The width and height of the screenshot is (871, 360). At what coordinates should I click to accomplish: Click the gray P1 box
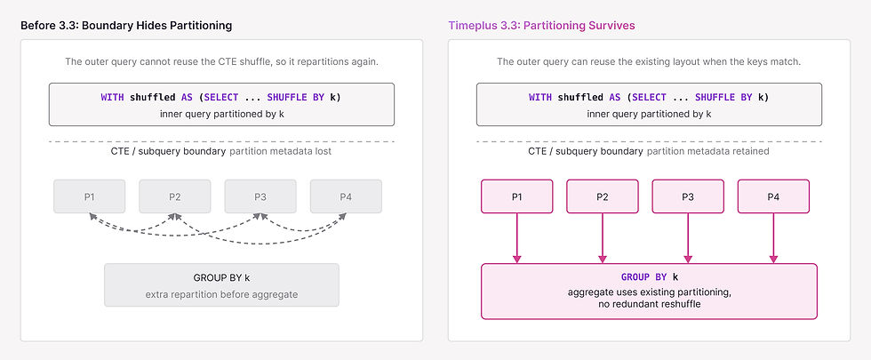tap(90, 196)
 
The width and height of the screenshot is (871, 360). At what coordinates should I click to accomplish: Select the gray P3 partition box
tap(260, 196)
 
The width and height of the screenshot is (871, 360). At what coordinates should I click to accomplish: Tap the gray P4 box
tap(346, 196)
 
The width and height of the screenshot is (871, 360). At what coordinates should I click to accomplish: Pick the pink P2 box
tap(603, 196)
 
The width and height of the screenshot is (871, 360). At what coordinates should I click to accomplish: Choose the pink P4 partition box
tap(774, 196)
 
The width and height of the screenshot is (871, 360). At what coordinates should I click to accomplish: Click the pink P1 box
tap(517, 196)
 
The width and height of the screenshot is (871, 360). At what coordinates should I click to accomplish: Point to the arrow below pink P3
tap(688, 238)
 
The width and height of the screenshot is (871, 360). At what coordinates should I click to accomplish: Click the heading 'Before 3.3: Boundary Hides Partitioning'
tap(126, 26)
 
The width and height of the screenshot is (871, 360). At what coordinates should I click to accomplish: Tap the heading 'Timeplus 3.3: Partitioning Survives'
tap(541, 26)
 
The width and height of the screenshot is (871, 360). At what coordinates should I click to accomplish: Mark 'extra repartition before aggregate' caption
tap(221, 294)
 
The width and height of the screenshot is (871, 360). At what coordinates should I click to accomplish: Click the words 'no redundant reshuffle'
tap(650, 304)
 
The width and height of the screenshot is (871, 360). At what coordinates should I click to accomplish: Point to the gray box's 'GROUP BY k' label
tap(221, 277)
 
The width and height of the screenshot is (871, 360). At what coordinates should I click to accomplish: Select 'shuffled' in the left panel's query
tap(153, 97)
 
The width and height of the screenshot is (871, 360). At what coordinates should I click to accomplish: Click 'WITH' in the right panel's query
tap(540, 97)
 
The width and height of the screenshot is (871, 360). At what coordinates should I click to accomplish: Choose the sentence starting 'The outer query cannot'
tap(221, 61)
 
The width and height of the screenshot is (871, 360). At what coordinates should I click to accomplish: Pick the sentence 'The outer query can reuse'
tap(649, 61)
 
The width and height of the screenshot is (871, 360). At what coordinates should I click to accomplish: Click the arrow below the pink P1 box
tap(517, 238)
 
